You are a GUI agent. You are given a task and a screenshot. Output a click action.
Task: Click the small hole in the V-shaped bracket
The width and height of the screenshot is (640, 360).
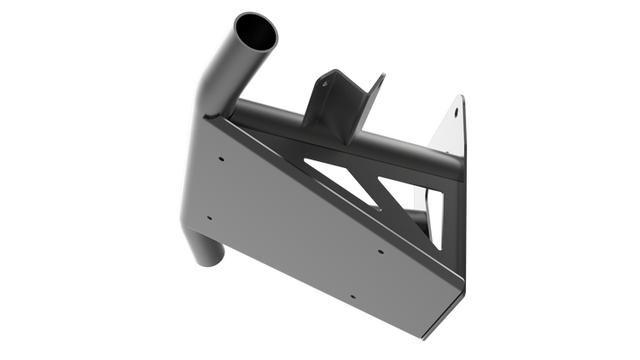tap(325, 84)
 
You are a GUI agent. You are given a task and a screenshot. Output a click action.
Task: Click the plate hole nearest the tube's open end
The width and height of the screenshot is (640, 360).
tap(222, 159)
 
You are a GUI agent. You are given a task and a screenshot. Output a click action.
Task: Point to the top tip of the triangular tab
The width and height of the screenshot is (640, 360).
tap(463, 95)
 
